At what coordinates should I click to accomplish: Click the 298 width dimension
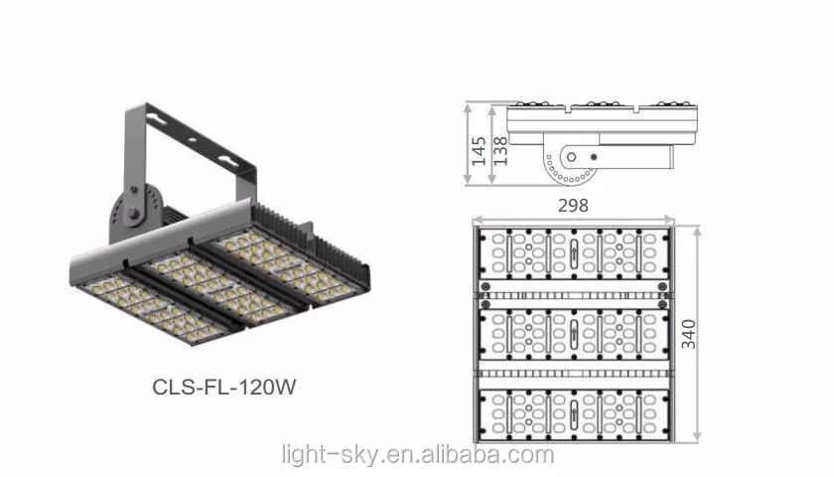pyautogui.click(x=573, y=205)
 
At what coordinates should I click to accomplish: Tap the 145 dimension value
pyautogui.click(x=479, y=149)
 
